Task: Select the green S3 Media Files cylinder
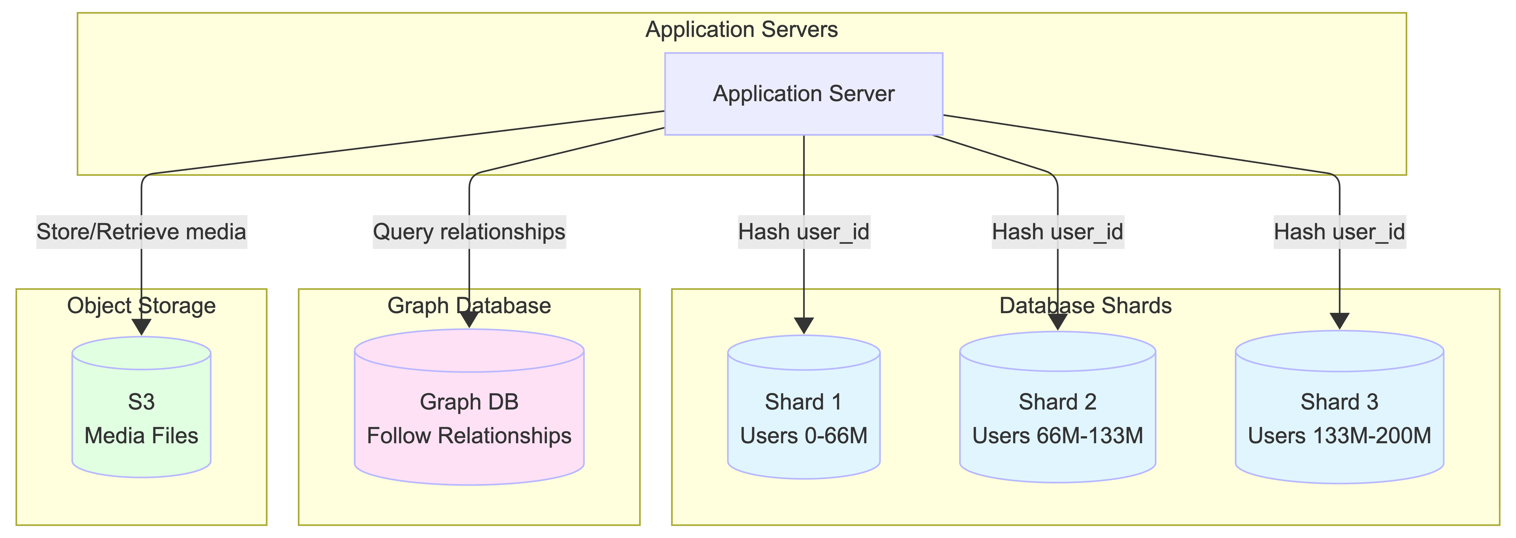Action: [x=141, y=411]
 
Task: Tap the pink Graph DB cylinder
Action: [x=469, y=411]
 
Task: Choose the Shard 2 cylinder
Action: [x=1057, y=411]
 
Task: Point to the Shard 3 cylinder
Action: [x=1340, y=411]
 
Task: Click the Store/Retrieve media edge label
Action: [x=141, y=232]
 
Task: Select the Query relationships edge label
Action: [x=469, y=232]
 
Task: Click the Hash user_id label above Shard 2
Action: [x=1057, y=232]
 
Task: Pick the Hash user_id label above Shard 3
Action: [x=1340, y=232]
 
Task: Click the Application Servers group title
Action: [x=742, y=30]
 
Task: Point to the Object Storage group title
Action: [x=141, y=306]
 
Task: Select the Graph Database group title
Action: [x=469, y=306]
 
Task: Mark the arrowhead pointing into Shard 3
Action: [x=1340, y=321]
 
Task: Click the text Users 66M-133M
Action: [x=1057, y=436]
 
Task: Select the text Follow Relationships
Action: [x=469, y=436]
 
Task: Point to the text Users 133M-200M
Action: [x=1340, y=436]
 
